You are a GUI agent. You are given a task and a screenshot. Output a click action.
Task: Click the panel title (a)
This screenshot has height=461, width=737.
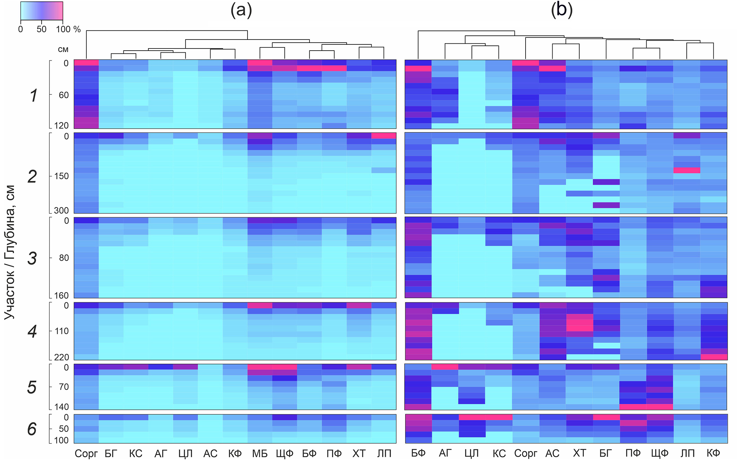pos(241,10)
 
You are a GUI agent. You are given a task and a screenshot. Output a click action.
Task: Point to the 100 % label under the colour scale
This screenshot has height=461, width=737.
pos(68,29)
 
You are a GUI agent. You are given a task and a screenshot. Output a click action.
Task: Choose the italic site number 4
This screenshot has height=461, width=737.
pos(32,332)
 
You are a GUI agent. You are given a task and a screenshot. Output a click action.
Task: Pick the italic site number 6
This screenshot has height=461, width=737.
pos(32,429)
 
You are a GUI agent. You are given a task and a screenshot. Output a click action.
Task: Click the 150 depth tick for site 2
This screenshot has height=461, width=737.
pos(61,176)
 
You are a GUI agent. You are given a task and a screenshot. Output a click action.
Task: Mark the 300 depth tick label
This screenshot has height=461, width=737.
pos(61,210)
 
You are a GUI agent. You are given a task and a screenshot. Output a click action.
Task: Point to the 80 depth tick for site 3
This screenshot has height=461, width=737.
pos(64,258)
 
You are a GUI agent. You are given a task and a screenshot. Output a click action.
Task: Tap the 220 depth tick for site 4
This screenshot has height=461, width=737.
pos(61,357)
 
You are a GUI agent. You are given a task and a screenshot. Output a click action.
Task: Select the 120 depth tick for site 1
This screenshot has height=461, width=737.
pos(61,125)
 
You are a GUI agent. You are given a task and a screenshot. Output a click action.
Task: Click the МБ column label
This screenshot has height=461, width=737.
pos(260,453)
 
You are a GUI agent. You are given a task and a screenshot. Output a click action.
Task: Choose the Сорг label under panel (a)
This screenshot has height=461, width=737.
pos(86,454)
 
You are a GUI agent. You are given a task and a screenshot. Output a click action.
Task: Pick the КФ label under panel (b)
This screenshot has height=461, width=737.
pos(713,453)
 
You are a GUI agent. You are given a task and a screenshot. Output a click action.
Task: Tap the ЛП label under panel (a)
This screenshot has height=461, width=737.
pos(384,453)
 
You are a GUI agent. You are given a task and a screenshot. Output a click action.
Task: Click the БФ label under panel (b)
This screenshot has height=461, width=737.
pos(418,453)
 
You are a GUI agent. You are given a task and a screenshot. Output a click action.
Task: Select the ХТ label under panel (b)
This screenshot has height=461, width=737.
pos(579,453)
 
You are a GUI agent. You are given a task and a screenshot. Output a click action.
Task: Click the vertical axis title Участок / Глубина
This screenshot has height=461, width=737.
pos(10,252)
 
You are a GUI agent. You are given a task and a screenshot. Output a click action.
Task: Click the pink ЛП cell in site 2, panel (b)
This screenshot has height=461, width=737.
pos(687,170)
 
